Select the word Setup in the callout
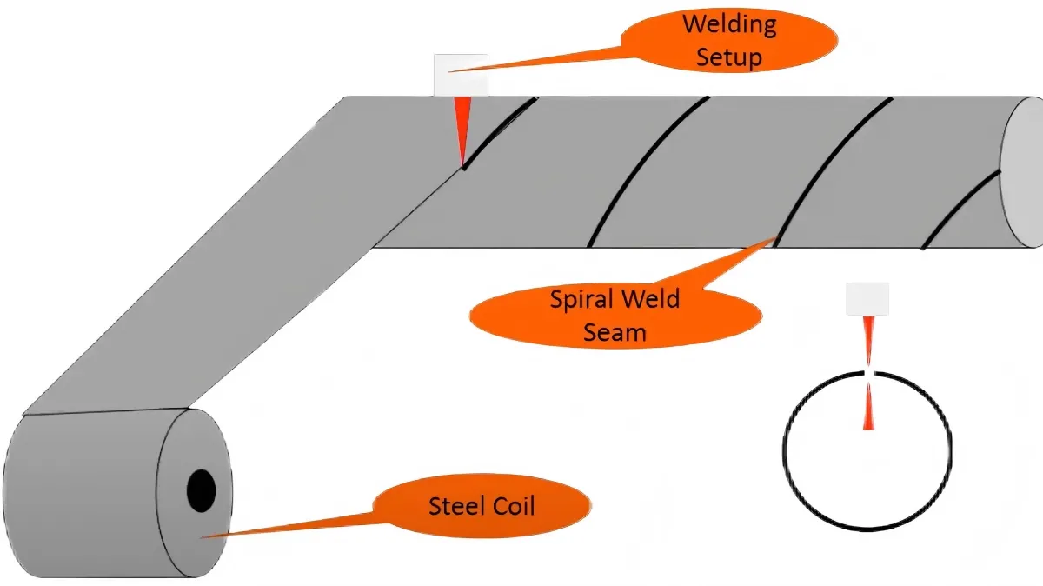pos(728,58)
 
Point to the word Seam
pos(615,332)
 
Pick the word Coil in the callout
pos(510,506)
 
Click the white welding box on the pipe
pos(461,76)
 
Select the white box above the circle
pos(867,298)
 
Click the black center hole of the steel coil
pos(201,492)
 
